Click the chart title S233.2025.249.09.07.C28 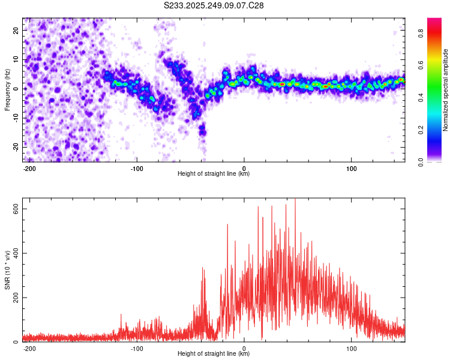click(214, 5)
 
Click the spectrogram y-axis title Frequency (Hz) click(8, 89)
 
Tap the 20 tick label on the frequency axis click(16, 31)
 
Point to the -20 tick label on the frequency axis click(15, 146)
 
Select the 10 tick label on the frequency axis click(16, 59)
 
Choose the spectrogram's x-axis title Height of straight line click(214, 174)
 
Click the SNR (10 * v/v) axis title click(8, 270)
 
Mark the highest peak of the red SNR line click(295, 200)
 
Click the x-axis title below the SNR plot click(214, 355)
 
